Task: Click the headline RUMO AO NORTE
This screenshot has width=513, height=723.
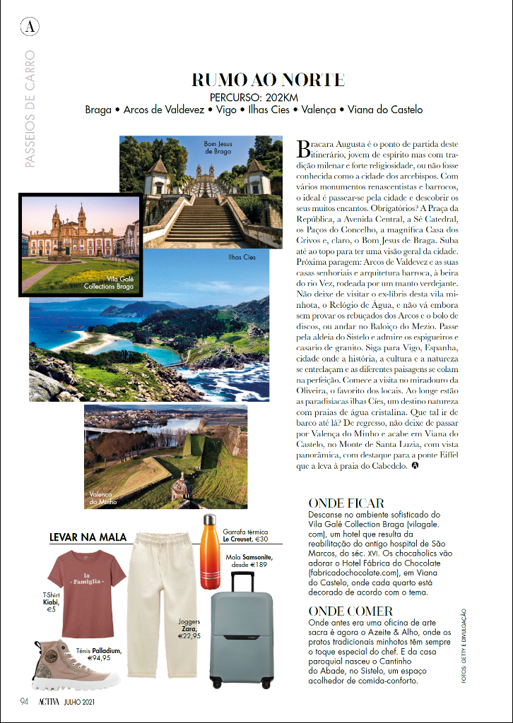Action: tap(268, 79)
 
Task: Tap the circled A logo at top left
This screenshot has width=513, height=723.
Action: tap(30, 28)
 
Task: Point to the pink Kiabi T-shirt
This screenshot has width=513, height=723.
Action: tap(84, 590)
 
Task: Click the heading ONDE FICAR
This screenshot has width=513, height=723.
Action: tap(346, 503)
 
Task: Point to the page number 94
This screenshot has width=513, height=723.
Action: tap(23, 702)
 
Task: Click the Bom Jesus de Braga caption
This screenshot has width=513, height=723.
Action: tap(218, 147)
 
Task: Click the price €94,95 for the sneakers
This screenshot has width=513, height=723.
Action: tap(99, 658)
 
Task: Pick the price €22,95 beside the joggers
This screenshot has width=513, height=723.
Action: tap(189, 635)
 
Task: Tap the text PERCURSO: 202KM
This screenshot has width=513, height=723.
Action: tap(254, 97)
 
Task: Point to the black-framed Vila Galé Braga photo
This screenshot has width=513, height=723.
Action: tap(81, 245)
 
